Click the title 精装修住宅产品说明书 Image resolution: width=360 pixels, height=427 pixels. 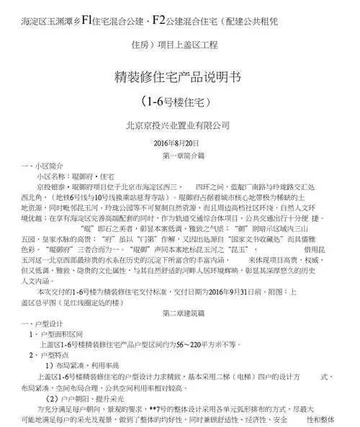pos(179,78)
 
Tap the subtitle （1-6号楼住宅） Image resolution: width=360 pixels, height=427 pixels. pos(179,103)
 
